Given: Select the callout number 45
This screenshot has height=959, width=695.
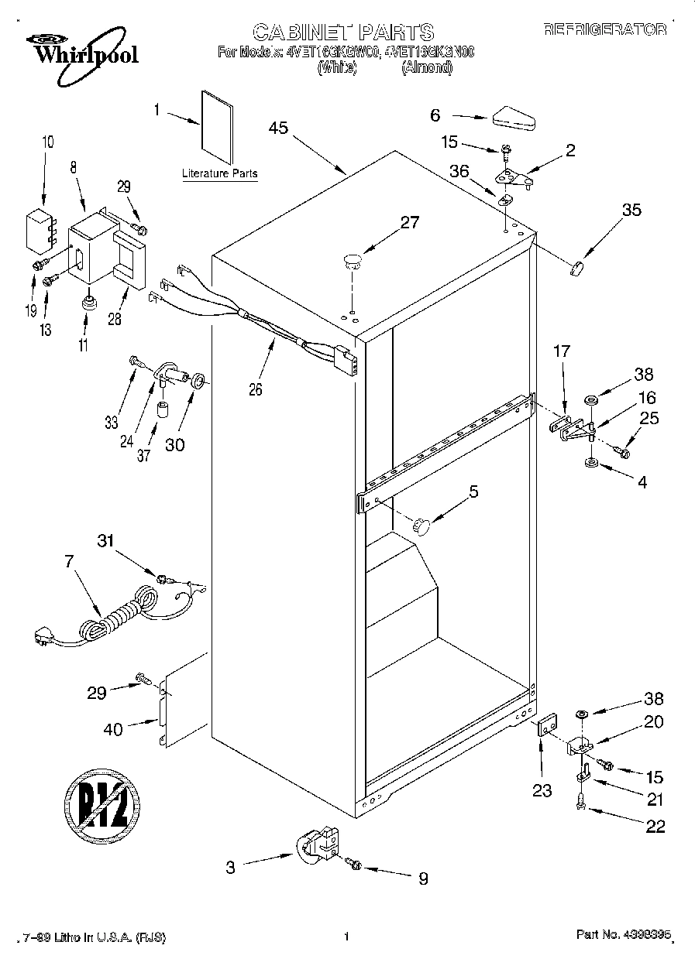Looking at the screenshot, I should coord(278,128).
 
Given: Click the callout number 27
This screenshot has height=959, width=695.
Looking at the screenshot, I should coord(409,223).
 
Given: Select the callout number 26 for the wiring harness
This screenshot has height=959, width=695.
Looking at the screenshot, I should coord(255,389).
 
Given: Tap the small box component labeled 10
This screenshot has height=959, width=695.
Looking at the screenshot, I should coord(37,228).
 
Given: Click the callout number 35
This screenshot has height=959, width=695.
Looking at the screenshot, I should coord(631,210).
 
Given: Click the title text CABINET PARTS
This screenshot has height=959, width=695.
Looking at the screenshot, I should coord(343,32).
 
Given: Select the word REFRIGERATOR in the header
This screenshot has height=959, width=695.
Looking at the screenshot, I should coord(604,29).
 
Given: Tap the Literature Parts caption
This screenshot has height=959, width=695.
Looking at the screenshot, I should coord(219,174).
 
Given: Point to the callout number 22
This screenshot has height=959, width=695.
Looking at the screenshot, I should coord(655,826).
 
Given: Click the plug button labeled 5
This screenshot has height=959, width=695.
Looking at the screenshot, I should coord(422,526).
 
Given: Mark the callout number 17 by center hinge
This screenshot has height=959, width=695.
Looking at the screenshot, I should coord(561,351).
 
